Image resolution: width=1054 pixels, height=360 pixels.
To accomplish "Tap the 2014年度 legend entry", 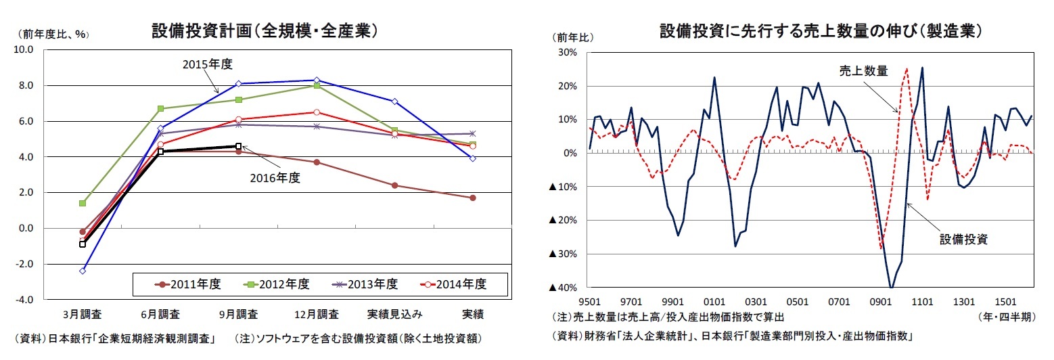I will pyautogui.click(x=453, y=284).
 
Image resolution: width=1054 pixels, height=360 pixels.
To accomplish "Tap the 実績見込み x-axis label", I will pyautogui.click(x=394, y=315).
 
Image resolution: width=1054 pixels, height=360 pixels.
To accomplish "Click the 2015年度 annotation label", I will pyautogui.click(x=208, y=64).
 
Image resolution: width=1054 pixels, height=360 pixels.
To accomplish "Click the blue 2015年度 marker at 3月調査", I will pyautogui.click(x=83, y=271).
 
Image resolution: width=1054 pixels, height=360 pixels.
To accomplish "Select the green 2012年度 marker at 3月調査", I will pyautogui.click(x=83, y=203).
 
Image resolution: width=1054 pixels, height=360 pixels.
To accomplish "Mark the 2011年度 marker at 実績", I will pyautogui.click(x=472, y=198).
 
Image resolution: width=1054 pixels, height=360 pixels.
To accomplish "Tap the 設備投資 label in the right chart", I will pyautogui.click(x=964, y=239).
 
